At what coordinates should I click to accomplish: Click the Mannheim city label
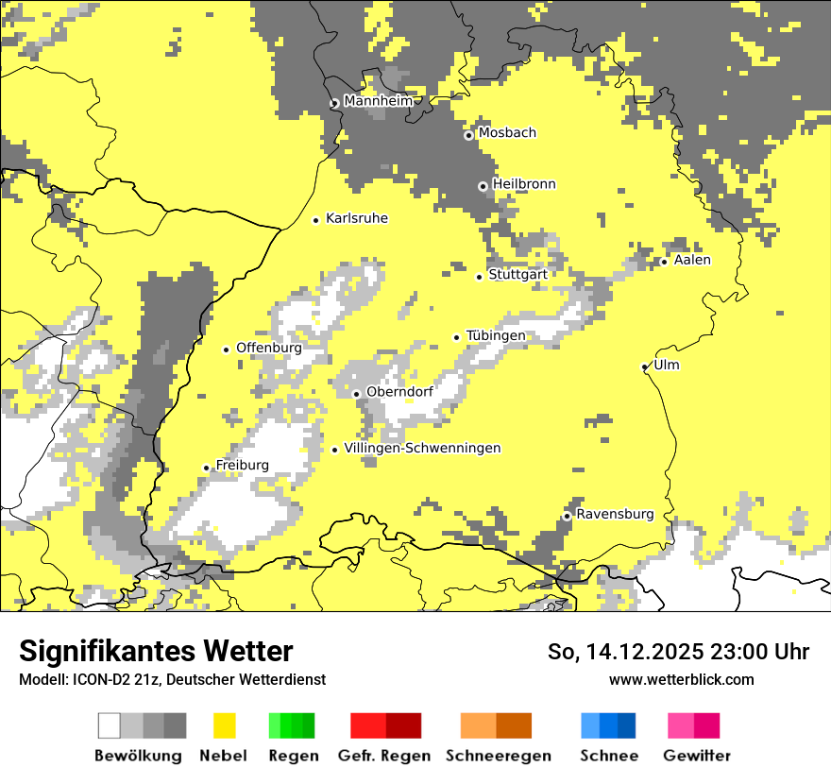(x=379, y=101)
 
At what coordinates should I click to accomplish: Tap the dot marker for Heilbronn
(x=483, y=186)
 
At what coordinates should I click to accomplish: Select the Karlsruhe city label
(x=356, y=218)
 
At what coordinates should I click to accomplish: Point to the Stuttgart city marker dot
(x=479, y=276)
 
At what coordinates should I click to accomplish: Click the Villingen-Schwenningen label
(x=422, y=448)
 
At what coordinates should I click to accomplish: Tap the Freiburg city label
(x=242, y=465)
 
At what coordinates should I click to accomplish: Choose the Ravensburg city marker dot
(x=567, y=516)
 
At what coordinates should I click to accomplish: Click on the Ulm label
(x=666, y=365)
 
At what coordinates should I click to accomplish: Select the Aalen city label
(x=692, y=260)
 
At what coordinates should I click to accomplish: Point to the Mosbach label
(x=506, y=133)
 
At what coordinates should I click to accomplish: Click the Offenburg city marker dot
(x=226, y=349)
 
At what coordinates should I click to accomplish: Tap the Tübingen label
(x=495, y=335)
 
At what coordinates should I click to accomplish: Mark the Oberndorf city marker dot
(x=356, y=394)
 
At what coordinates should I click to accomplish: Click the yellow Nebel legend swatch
(x=225, y=725)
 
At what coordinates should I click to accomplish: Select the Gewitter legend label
(x=696, y=756)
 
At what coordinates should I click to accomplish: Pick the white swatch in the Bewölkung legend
(x=110, y=725)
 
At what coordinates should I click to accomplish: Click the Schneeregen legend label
(x=498, y=756)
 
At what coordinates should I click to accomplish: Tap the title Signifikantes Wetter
(x=156, y=651)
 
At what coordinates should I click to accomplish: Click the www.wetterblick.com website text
(x=681, y=679)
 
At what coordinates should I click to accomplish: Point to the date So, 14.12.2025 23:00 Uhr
(x=678, y=652)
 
